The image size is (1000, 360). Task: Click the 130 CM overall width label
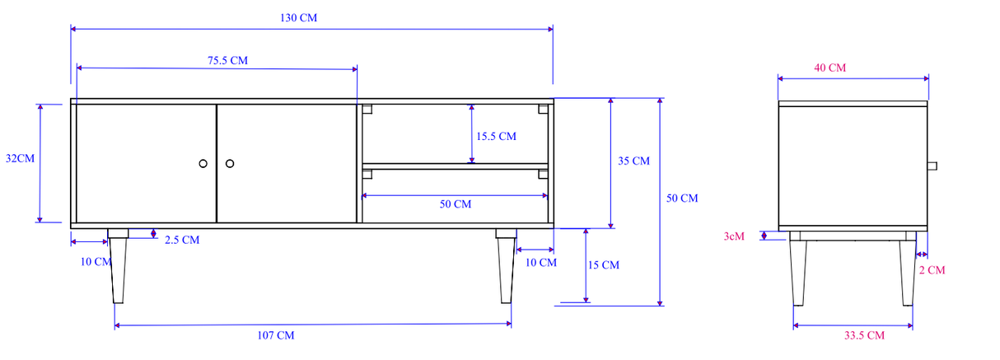(299, 17)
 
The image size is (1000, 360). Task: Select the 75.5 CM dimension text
(227, 60)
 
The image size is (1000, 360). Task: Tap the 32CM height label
(20, 158)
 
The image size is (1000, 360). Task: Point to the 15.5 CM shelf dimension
(496, 136)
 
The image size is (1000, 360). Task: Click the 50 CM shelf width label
(455, 204)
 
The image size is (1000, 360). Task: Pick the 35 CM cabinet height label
(633, 161)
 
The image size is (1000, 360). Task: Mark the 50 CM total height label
(681, 199)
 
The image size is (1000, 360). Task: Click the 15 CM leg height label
(604, 265)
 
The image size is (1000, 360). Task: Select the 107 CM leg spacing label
(276, 335)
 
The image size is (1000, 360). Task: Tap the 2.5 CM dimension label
(181, 241)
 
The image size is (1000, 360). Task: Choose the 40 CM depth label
(829, 68)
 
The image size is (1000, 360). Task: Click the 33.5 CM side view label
(864, 335)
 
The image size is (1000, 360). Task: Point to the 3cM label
(734, 236)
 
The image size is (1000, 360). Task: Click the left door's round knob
(203, 163)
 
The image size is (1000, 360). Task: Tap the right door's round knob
(230, 163)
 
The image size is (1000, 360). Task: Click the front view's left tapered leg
(119, 268)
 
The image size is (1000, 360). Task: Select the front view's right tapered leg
(506, 268)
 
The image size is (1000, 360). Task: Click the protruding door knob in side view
(932, 166)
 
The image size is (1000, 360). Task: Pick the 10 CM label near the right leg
(541, 263)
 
